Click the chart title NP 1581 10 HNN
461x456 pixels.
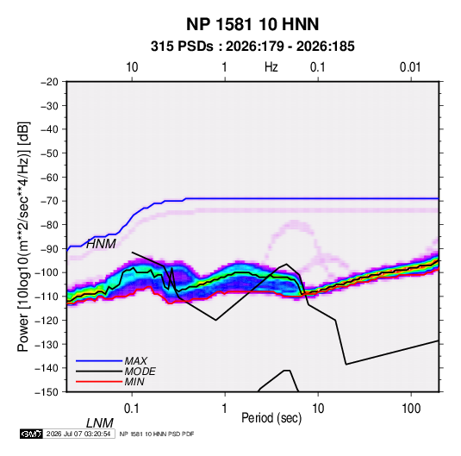pos(252,24)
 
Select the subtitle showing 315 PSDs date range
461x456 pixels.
pos(252,47)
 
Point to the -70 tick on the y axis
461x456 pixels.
pos(49,201)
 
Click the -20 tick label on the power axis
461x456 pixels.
pos(49,82)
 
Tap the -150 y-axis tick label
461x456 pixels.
pos(47,392)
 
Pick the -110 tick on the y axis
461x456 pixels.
pos(47,297)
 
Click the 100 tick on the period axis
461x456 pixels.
pos(411,409)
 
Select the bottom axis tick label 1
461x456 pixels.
pos(225,409)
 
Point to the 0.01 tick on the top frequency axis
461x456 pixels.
pos(410,67)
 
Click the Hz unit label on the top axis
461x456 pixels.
pos(271,67)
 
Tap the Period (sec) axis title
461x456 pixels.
pos(271,418)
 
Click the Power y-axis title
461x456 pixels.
pos(23,236)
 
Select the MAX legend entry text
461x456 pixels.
pos(135,361)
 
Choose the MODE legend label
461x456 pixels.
pos(140,372)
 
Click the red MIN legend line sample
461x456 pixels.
pos(99,382)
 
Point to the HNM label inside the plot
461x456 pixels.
pos(101,244)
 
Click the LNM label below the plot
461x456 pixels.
pos(99,423)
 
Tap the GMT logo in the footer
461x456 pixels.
pos(32,434)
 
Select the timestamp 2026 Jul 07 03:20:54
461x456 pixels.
pos(78,434)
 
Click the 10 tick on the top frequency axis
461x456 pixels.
pos(132,67)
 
